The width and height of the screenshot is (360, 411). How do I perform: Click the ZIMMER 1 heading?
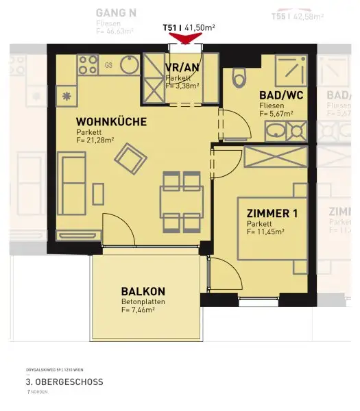click(272, 214)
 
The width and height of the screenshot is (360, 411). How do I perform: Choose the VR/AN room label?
click(182, 68)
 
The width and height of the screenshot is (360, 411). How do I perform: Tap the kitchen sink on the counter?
click(128, 64)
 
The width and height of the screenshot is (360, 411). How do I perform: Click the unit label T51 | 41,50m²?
click(189, 27)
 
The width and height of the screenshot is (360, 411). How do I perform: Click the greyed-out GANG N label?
click(117, 12)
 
